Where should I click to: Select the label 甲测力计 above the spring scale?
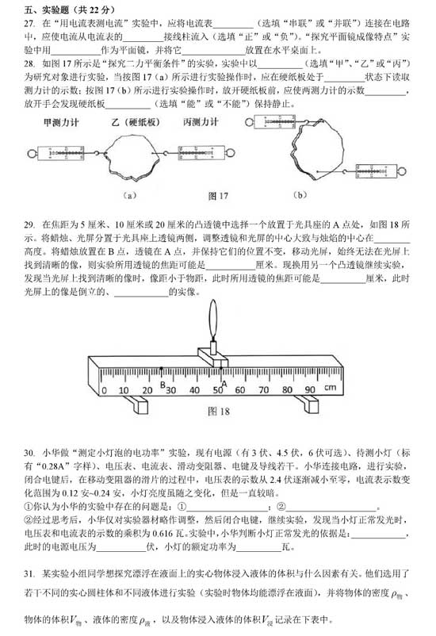(59, 124)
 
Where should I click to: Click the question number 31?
(30, 573)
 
